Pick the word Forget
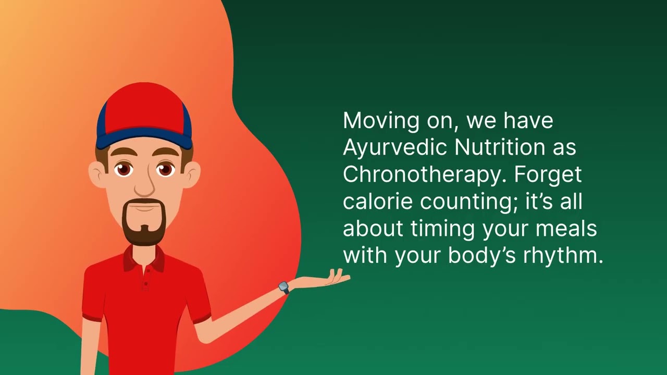coord(547,174)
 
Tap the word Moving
coord(381,121)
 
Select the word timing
coord(442,229)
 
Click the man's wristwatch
coord(284,287)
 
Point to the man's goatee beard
coord(144,222)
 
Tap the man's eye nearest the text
coord(166,170)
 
